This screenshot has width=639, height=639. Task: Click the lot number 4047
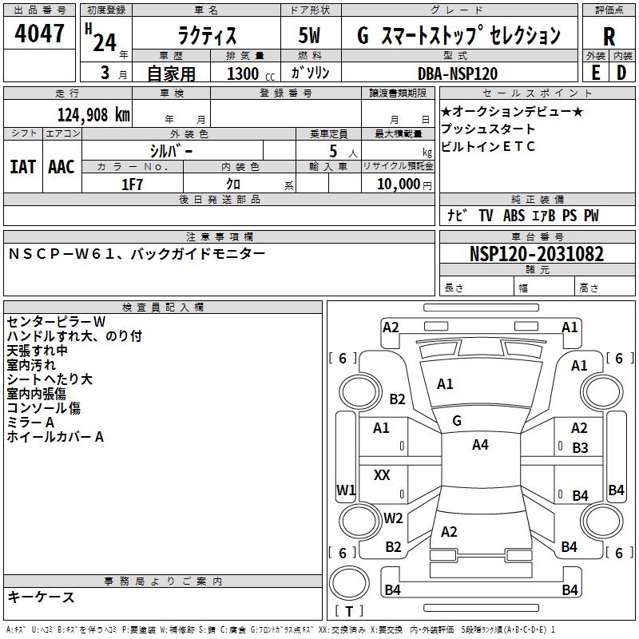click(x=39, y=34)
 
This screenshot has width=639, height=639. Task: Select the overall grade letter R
click(x=609, y=37)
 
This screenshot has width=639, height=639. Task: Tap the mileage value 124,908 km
click(x=93, y=115)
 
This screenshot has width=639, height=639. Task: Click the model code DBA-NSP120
click(x=458, y=73)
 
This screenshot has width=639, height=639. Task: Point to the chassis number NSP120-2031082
click(x=537, y=254)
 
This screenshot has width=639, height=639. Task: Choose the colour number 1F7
click(x=132, y=185)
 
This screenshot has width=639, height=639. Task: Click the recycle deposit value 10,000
click(x=398, y=185)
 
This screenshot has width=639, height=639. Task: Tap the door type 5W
click(x=309, y=35)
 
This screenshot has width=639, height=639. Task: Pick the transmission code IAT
click(x=23, y=167)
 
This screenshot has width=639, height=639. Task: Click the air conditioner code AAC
click(x=62, y=167)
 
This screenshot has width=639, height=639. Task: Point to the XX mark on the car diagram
click(x=382, y=474)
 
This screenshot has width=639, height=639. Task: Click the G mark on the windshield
click(x=457, y=421)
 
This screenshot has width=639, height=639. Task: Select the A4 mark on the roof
click(x=480, y=445)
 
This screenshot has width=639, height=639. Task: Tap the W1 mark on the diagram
click(x=346, y=490)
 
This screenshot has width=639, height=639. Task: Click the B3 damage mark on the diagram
click(x=581, y=448)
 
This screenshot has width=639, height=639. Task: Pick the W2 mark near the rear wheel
click(x=393, y=518)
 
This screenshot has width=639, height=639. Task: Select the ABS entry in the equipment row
click(x=514, y=216)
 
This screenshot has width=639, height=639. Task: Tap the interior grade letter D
click(x=621, y=73)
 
